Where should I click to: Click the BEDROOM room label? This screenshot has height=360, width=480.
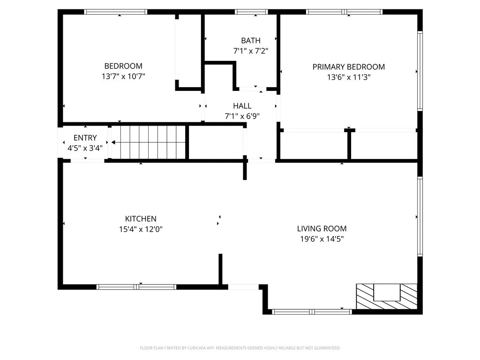[x=123, y=66]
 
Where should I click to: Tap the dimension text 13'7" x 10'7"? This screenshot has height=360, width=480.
[x=123, y=76]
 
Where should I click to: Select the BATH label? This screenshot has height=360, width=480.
[x=251, y=41]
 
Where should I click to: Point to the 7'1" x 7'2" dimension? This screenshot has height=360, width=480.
[x=251, y=51]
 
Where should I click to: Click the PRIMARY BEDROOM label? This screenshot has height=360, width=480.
[x=349, y=67]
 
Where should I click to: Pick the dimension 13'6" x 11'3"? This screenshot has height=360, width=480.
[x=349, y=77]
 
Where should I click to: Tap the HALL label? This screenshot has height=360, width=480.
[x=242, y=106]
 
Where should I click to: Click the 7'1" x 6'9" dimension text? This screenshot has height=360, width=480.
[x=242, y=116]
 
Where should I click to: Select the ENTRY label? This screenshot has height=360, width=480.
[x=85, y=138]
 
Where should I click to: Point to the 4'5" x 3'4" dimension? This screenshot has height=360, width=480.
[x=85, y=148]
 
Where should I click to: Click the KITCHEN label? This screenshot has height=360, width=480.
[x=141, y=219]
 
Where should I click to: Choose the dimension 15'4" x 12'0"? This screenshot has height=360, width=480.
[x=141, y=229]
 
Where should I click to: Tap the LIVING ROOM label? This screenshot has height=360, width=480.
[x=322, y=229]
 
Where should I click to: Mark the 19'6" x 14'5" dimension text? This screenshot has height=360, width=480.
[x=322, y=239]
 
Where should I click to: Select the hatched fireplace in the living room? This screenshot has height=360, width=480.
[x=387, y=296]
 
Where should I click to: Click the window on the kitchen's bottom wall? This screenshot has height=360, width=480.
[x=136, y=287]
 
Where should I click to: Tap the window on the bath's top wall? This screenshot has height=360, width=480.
[x=251, y=12]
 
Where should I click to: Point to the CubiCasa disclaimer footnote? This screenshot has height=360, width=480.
[x=240, y=348]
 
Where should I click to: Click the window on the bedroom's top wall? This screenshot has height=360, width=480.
[x=116, y=12]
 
